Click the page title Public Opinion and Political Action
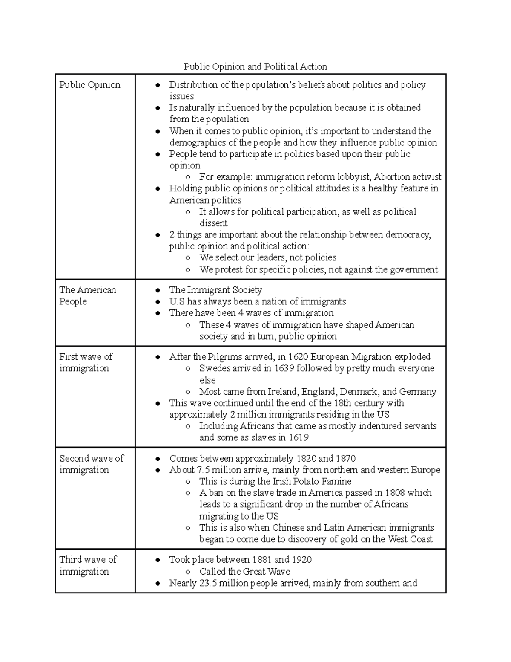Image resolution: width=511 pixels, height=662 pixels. tap(255, 66)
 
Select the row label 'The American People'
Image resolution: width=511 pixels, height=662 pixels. tap(87, 295)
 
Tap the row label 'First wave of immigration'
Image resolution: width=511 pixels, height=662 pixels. tap(86, 362)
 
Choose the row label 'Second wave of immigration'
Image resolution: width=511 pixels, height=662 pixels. tap(91, 464)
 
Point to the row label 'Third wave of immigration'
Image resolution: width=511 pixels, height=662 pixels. tap(88, 565)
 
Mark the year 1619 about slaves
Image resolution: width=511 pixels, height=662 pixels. tap(299, 437)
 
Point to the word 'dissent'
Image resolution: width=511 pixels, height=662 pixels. tap(214, 223)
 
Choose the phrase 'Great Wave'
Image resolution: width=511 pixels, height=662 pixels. tap(267, 572)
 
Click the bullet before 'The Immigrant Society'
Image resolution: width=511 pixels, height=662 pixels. tap(158, 290)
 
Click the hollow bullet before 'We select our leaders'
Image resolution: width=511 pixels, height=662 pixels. tap(188, 258)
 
